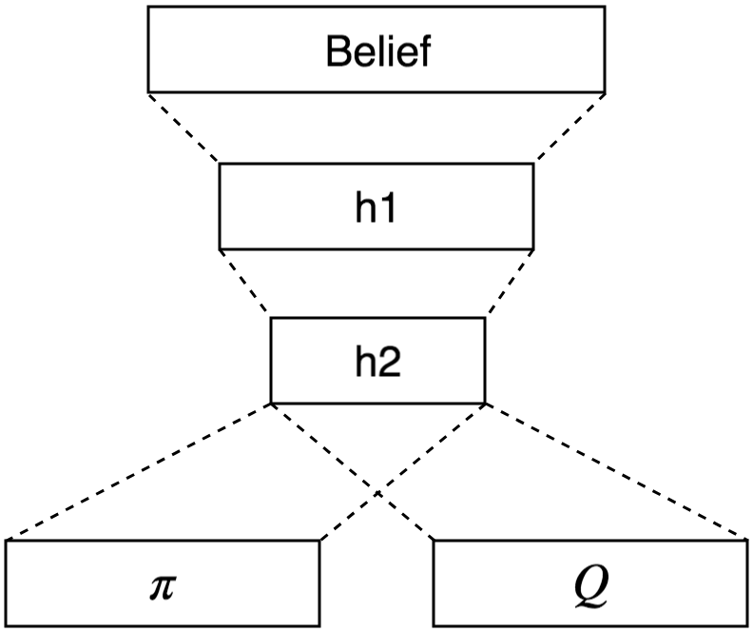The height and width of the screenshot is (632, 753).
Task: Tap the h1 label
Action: pos(376,207)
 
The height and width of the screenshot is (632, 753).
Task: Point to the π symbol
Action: pos(163,583)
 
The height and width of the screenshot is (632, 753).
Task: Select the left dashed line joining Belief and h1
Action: pos(183,128)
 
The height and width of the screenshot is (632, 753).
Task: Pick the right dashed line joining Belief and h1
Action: pos(569,128)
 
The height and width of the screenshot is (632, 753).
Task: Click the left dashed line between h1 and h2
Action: pos(245,283)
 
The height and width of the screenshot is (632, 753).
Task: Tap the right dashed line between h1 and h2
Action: pos(509,283)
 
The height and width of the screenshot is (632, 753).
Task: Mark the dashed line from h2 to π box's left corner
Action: pos(139,472)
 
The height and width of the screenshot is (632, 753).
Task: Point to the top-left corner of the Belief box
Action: pos(148,7)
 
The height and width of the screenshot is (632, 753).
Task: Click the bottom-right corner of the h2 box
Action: pos(485,403)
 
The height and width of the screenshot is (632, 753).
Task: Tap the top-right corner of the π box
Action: pos(319,541)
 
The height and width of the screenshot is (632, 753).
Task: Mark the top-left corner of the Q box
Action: pos(434,541)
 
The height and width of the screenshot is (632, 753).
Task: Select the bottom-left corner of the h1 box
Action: pos(220,247)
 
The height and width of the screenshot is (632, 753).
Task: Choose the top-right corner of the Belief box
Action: pos(605,7)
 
